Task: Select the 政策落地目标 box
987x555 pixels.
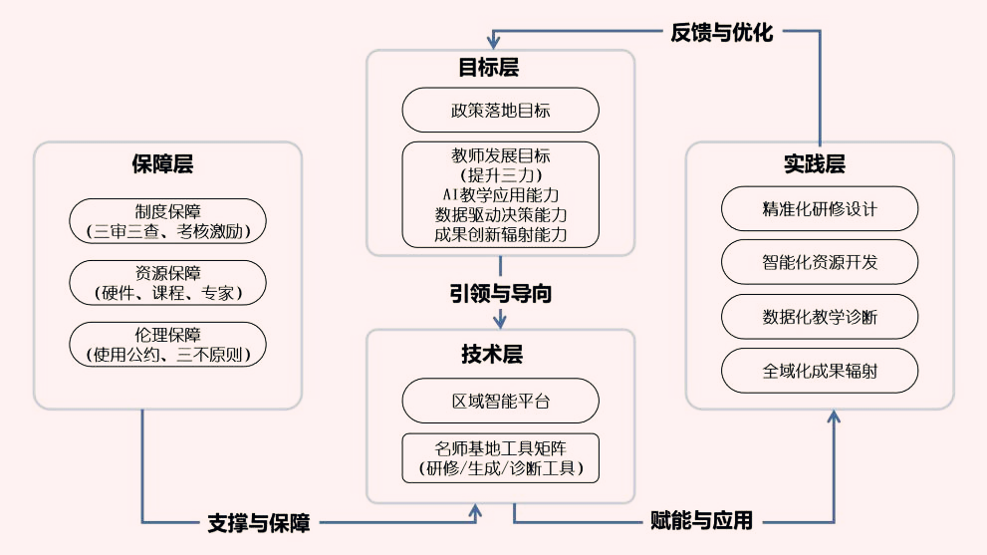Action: tap(500, 111)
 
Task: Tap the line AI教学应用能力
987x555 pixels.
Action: tap(500, 194)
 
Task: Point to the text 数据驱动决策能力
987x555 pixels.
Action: tap(500, 214)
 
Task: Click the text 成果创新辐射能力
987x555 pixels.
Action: tap(500, 235)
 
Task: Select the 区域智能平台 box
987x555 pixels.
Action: tap(500, 402)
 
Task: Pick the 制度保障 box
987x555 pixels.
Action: tap(167, 222)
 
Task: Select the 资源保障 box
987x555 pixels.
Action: tap(167, 283)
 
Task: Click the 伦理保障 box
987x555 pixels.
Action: tap(167, 344)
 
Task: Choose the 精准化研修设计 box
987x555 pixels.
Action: tap(819, 210)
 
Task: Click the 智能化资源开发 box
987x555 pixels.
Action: tap(819, 263)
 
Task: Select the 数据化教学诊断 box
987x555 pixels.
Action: tap(819, 317)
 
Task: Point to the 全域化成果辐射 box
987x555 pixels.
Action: tap(819, 371)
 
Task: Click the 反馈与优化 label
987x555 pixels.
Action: tap(721, 32)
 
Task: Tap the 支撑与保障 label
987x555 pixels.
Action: tap(258, 522)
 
